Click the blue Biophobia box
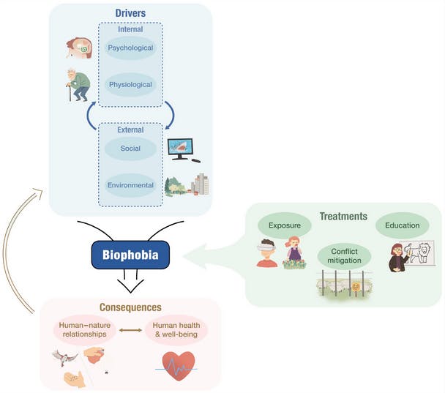(130, 255)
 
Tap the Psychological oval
(130, 48)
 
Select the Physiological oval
(130, 85)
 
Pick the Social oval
(130, 149)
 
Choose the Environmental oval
(130, 185)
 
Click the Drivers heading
(130, 13)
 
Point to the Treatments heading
(343, 216)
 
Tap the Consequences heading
(130, 307)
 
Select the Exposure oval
(285, 225)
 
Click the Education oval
(403, 225)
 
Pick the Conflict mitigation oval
(344, 256)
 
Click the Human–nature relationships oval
(85, 330)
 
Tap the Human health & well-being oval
(176, 330)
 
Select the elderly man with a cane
(78, 85)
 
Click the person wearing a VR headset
(266, 253)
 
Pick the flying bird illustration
(64, 358)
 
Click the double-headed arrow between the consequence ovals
(130, 330)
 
